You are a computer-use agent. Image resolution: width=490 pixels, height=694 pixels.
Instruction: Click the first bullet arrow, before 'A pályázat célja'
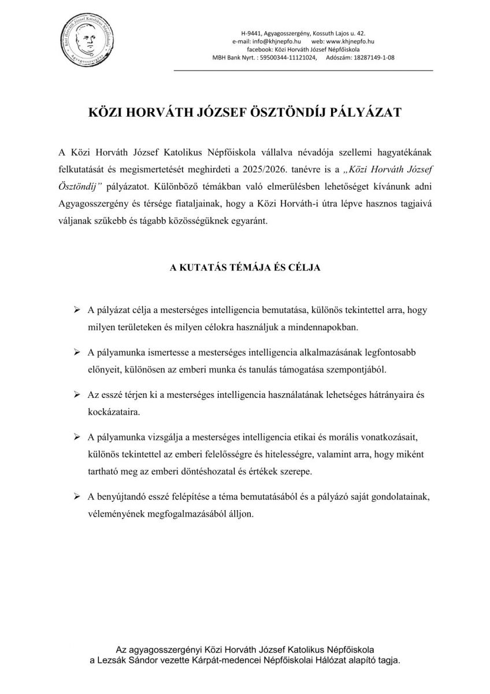coord(76,311)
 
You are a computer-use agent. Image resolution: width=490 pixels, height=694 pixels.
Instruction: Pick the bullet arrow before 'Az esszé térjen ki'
coord(76,394)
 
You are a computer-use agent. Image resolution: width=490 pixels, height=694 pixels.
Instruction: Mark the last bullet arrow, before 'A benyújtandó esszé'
coord(76,498)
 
